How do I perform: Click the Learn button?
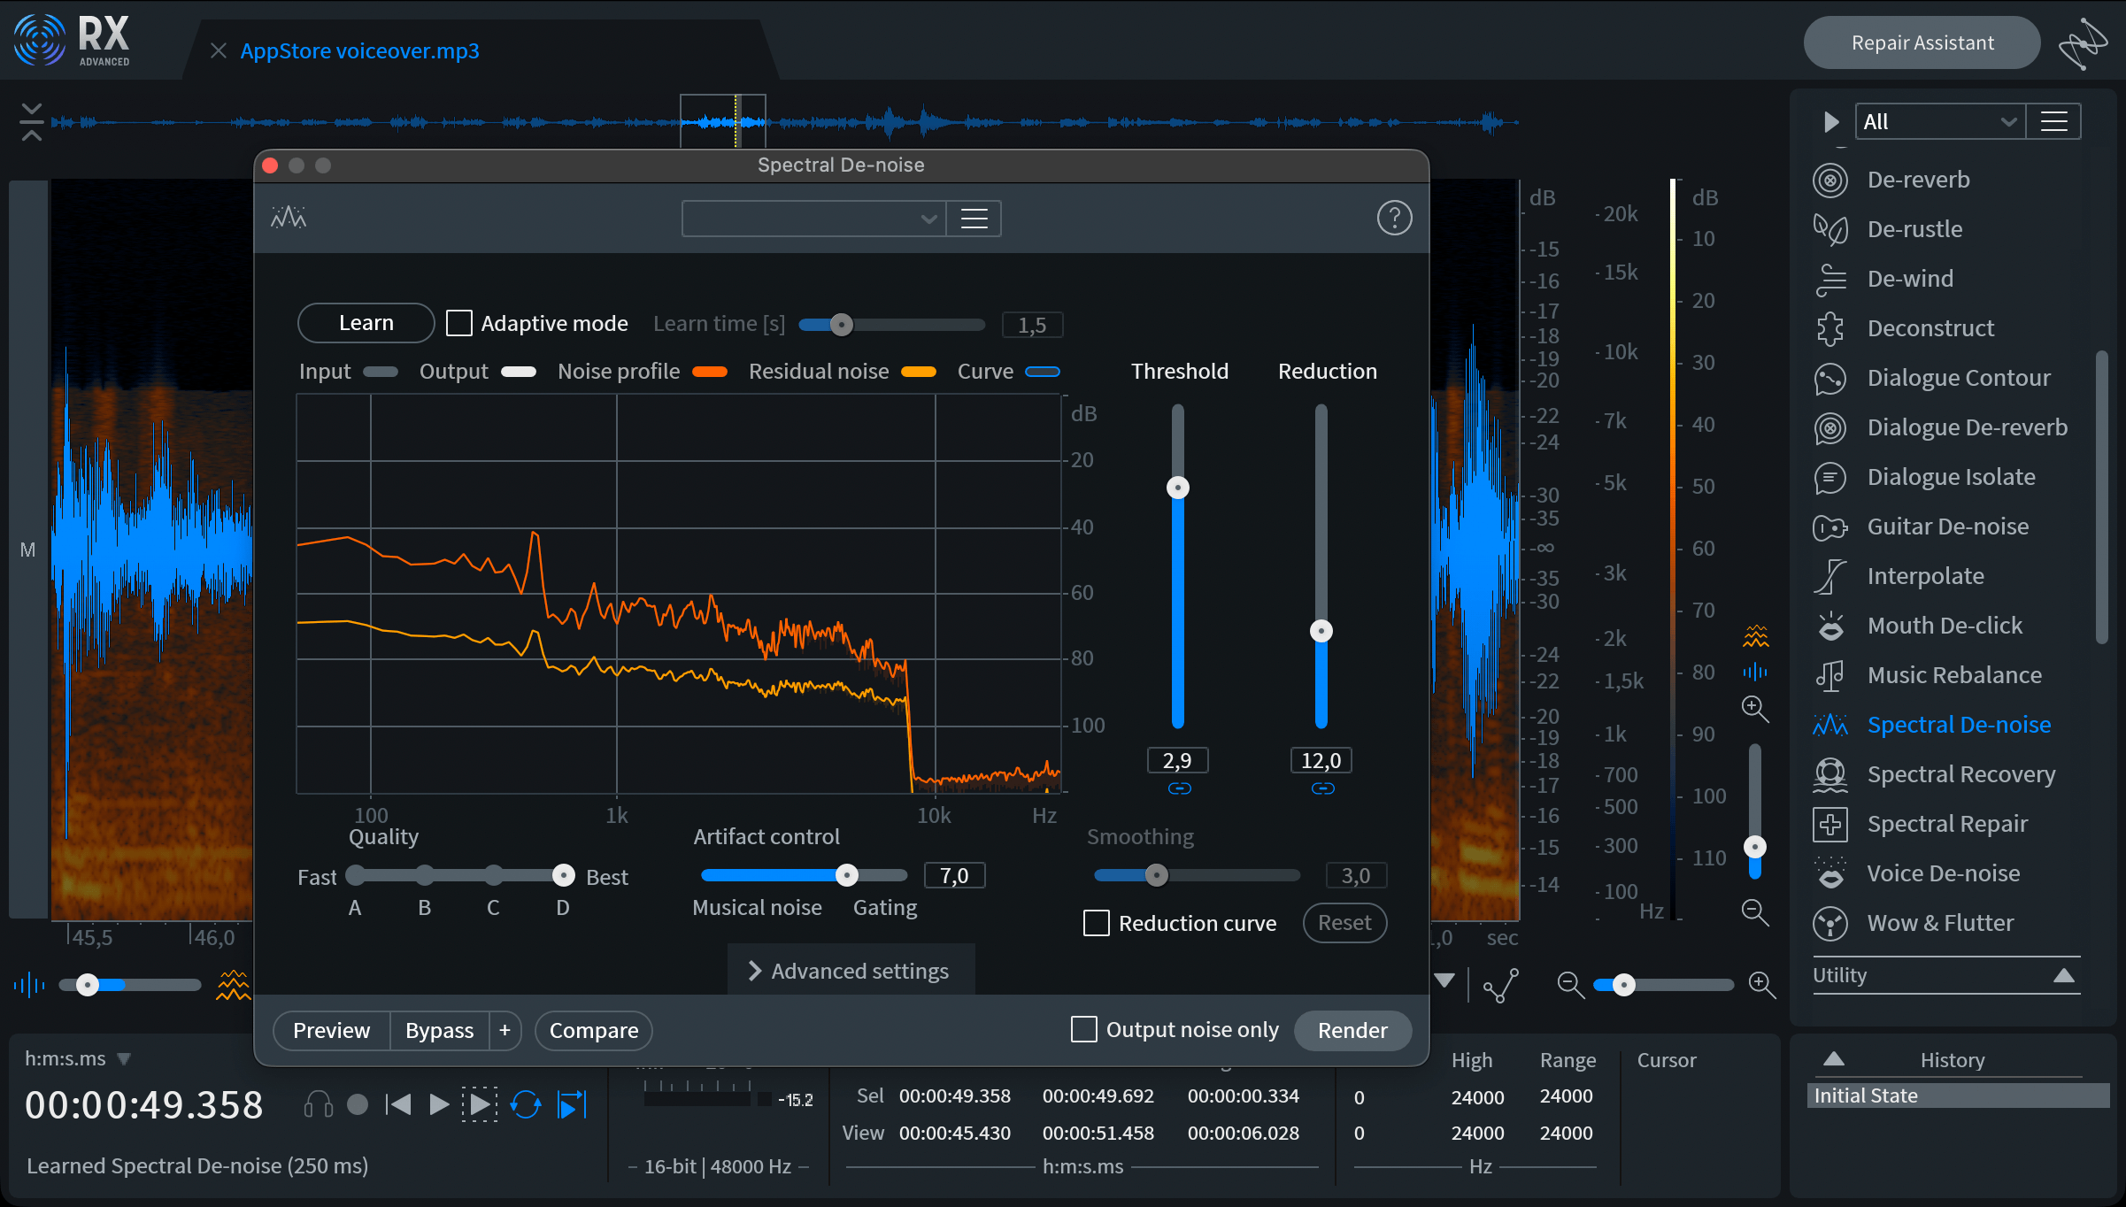coord(366,323)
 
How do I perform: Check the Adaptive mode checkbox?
coord(458,323)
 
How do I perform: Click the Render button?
coord(1352,1030)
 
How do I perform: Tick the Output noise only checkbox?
coord(1083,1029)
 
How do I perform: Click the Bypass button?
coord(439,1030)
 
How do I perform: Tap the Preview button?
coord(332,1030)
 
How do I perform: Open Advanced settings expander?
coord(850,971)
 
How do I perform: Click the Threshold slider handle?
coord(1177,488)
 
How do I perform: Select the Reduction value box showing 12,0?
coord(1321,760)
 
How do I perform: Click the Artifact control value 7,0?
coord(954,875)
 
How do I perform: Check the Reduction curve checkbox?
coord(1097,923)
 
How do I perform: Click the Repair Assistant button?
coord(1922,42)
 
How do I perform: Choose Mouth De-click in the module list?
coord(1945,626)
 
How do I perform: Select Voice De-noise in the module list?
coord(1944,873)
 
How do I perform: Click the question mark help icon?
coord(1394,218)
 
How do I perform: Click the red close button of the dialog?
coord(271,165)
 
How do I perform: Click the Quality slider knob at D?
coord(563,875)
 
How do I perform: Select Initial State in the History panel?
coord(1866,1096)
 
